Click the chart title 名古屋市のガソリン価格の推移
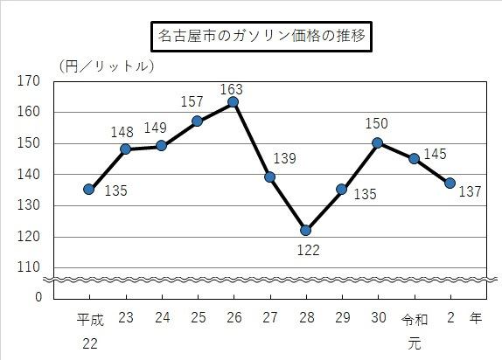point(261,38)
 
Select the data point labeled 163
point(233,102)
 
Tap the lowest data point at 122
point(305,230)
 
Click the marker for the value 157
point(197,121)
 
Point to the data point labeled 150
point(377,142)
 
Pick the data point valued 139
point(269,177)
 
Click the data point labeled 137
point(450,183)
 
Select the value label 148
point(122,133)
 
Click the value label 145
point(435,154)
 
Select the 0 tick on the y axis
point(38,297)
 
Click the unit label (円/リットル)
point(105,66)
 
